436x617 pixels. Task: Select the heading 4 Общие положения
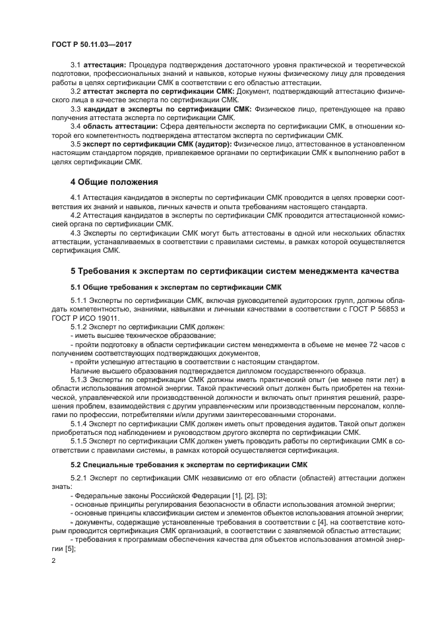tap(113, 181)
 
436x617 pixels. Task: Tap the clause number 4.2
tap(76, 216)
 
